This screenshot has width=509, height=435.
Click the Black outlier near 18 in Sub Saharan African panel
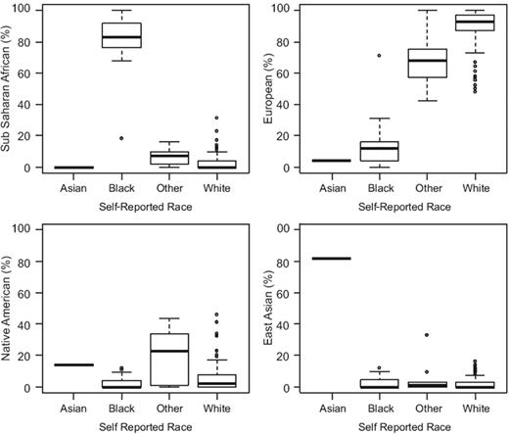tap(122, 138)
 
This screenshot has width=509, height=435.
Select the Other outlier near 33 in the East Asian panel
tap(428, 335)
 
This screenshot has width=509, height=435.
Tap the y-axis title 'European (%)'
tap(271, 89)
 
